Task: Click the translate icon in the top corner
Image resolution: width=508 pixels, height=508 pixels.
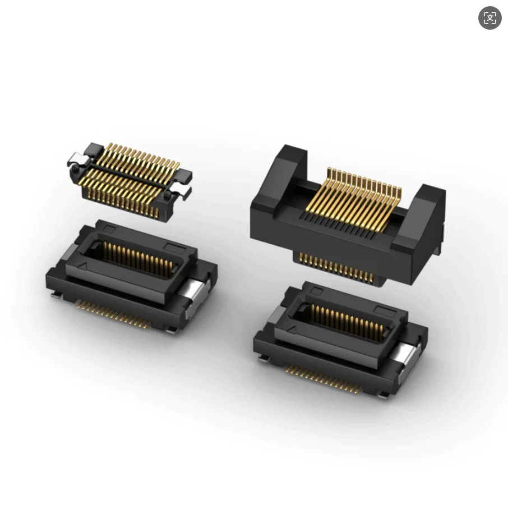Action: [489, 18]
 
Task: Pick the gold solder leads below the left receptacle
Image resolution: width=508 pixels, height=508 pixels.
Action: [112, 313]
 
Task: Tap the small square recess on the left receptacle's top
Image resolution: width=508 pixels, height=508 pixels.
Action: [109, 228]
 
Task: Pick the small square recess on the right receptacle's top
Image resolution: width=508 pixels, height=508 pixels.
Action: [317, 291]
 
